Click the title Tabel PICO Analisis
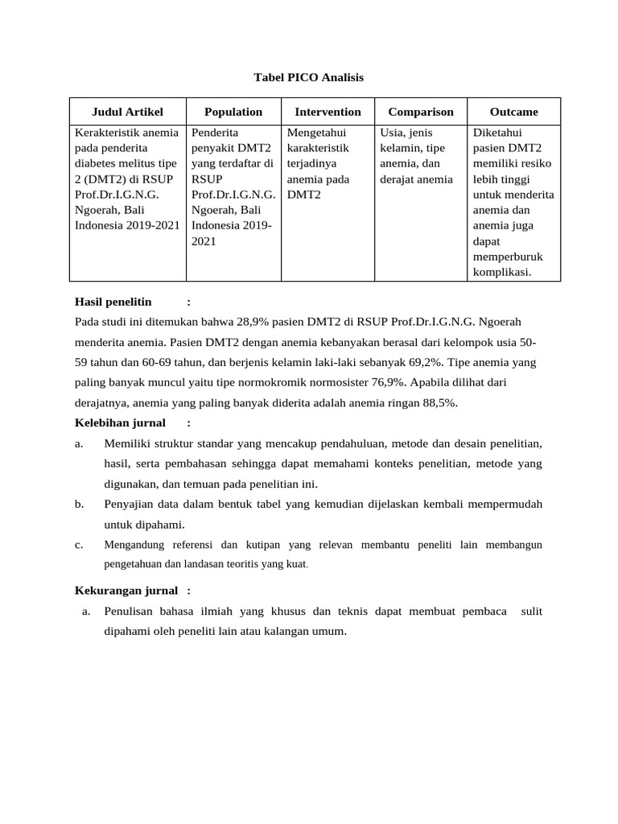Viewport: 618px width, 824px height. (x=309, y=77)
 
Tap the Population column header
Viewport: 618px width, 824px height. (x=233, y=112)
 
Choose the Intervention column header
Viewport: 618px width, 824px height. (x=328, y=112)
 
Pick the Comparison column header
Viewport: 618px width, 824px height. (x=421, y=112)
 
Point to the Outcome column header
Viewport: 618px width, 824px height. (x=513, y=112)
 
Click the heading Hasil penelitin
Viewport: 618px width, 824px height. (x=113, y=302)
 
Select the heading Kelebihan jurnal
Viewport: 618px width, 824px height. (x=120, y=422)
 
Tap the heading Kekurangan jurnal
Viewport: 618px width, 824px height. (x=126, y=591)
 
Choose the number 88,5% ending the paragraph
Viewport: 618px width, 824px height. (x=439, y=403)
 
